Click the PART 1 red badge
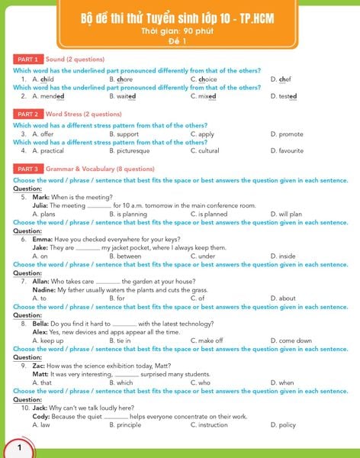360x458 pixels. point(27,59)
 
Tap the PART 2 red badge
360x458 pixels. point(27,114)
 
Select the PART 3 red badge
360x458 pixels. point(27,169)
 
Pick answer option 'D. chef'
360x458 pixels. point(281,79)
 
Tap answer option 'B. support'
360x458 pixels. point(124,134)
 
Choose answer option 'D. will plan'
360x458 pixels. point(286,214)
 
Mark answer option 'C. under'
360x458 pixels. point(202,256)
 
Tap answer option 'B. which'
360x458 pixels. point(121,382)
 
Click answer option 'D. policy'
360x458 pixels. point(283,425)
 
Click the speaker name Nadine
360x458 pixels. point(43,290)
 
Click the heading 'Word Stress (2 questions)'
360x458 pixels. point(78,114)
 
